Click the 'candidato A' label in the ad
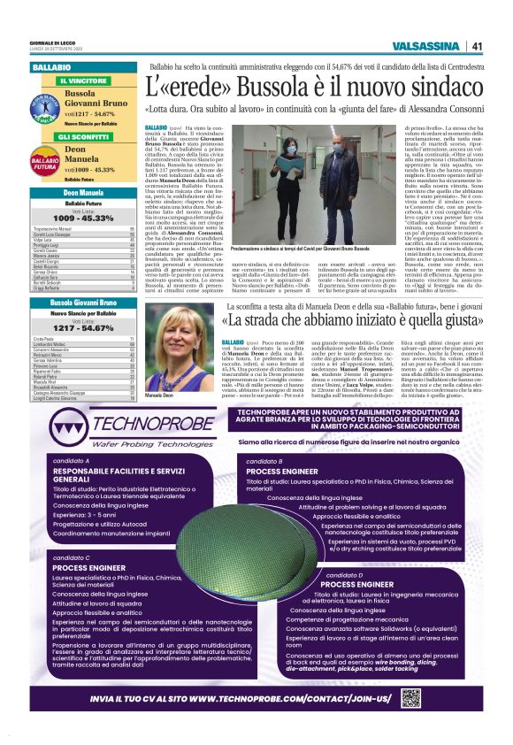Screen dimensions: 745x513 click(x=71, y=461)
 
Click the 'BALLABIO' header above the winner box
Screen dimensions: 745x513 click(x=52, y=67)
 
